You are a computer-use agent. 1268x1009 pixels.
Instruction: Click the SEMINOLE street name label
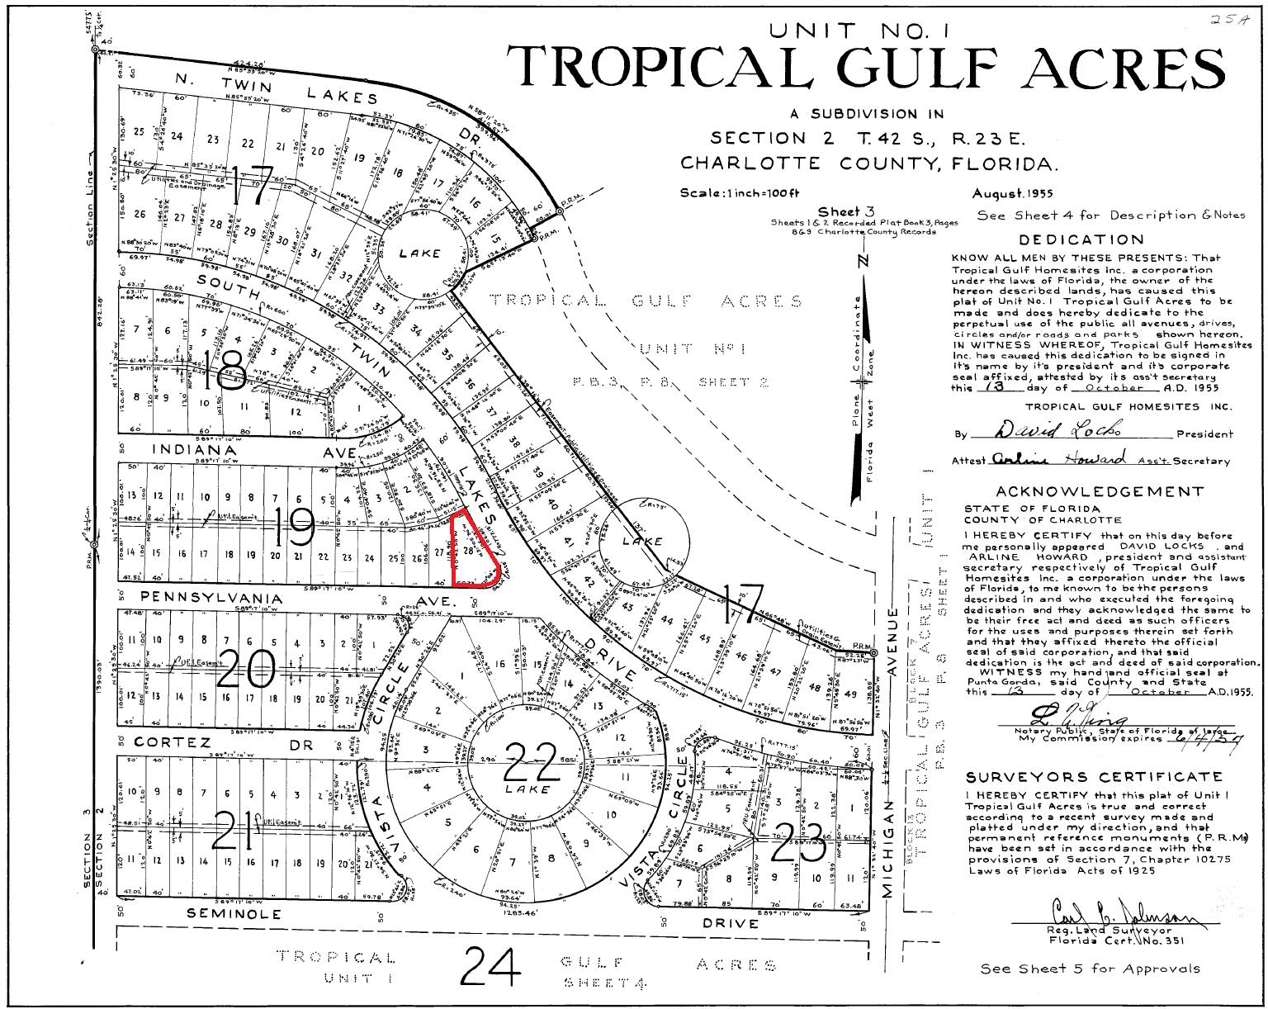pos(234,914)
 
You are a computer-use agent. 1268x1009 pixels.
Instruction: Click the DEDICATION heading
pos(1081,240)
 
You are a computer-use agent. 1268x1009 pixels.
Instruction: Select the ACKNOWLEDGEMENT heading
pos(1099,492)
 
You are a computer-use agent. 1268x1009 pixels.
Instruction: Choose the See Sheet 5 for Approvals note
pos(1090,969)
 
